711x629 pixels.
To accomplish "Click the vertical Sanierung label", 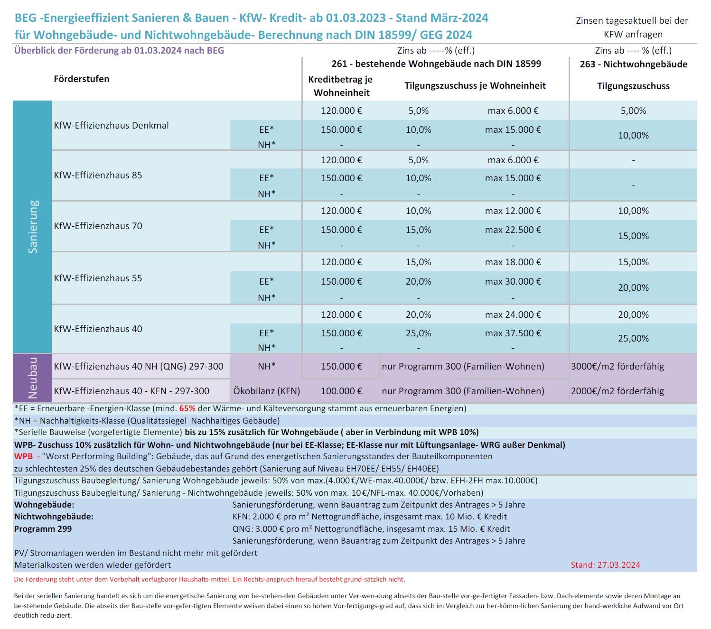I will pyautogui.click(x=33, y=227).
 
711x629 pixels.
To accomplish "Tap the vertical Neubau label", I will pyautogui.click(x=33, y=378).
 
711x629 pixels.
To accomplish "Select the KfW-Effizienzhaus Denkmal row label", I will pyautogui.click(x=112, y=126).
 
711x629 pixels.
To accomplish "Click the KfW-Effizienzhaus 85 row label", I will pyautogui.click(x=98, y=175).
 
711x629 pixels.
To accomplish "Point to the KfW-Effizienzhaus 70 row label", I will pyautogui.click(x=98, y=226).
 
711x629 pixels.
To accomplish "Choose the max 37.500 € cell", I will pyautogui.click(x=513, y=333).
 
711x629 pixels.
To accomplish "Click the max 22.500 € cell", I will pyautogui.click(x=513, y=230).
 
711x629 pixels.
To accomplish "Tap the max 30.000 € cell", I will pyautogui.click(x=513, y=281).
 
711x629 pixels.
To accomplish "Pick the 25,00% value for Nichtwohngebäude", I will pyautogui.click(x=633, y=338).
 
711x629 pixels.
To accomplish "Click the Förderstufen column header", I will pyautogui.click(x=82, y=79).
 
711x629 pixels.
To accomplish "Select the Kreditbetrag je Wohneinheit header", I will pyautogui.click(x=341, y=86).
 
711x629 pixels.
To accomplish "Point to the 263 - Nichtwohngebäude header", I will pyautogui.click(x=633, y=64).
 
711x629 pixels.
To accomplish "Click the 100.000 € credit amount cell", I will pyautogui.click(x=341, y=391).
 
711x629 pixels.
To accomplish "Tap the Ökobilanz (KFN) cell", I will pyautogui.click(x=266, y=391).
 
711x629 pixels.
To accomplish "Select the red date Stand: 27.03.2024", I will pyautogui.click(x=605, y=564).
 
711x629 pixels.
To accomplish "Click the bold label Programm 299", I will pyautogui.click(x=43, y=528).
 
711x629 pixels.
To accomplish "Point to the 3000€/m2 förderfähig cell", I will pyautogui.click(x=617, y=366).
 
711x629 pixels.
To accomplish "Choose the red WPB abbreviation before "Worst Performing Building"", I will pyautogui.click(x=24, y=456).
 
